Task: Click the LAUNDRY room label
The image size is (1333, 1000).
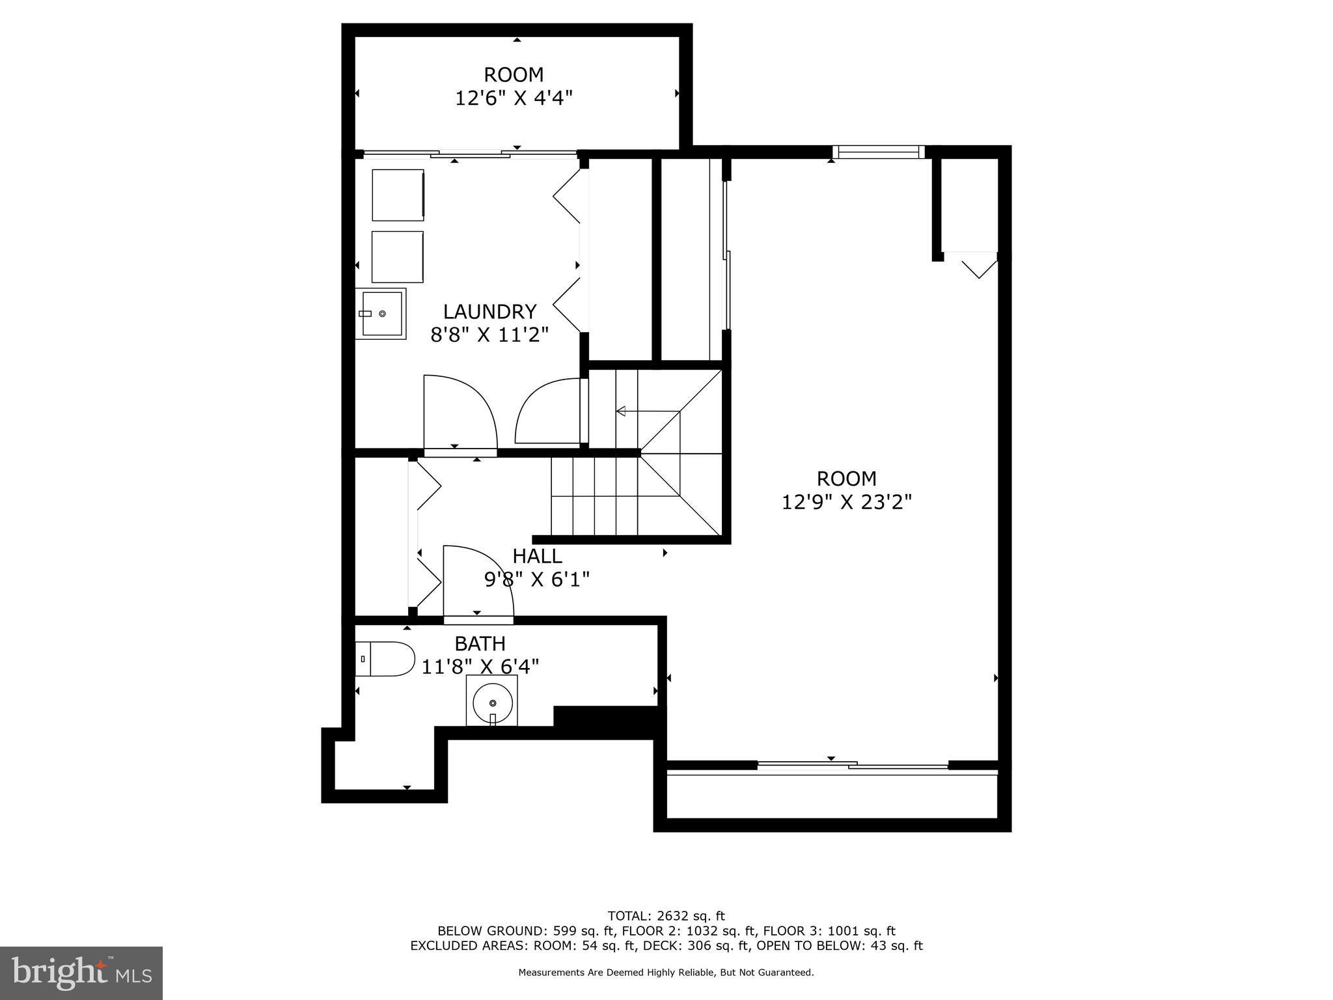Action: click(x=489, y=311)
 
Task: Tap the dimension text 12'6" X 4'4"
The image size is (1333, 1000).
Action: click(x=514, y=98)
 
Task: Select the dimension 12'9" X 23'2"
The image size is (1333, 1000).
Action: click(x=846, y=502)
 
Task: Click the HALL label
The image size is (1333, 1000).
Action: click(x=537, y=556)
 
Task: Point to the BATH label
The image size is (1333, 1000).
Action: click(x=480, y=644)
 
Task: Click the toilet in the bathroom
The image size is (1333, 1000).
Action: click(x=385, y=659)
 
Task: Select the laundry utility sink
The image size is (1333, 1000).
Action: click(x=381, y=314)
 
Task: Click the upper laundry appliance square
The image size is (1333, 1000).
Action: click(x=398, y=195)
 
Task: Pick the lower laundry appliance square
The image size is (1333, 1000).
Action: click(x=398, y=257)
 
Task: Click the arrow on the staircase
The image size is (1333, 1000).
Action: click(x=622, y=411)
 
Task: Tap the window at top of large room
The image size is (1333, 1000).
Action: click(x=878, y=152)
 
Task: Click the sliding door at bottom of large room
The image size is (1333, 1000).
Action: click(x=853, y=766)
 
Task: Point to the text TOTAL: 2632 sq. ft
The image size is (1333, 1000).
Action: click(x=666, y=916)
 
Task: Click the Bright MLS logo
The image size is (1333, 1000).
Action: click(x=81, y=973)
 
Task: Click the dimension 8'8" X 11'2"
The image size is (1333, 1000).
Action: click(x=489, y=335)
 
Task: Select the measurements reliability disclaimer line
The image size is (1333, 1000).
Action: click(x=666, y=973)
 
